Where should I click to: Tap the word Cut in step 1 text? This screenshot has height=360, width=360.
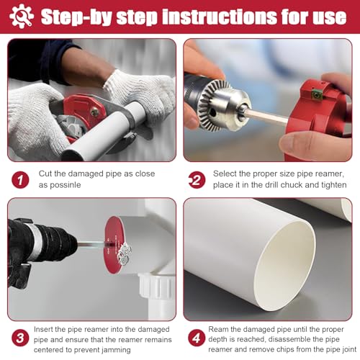click(x=45, y=174)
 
